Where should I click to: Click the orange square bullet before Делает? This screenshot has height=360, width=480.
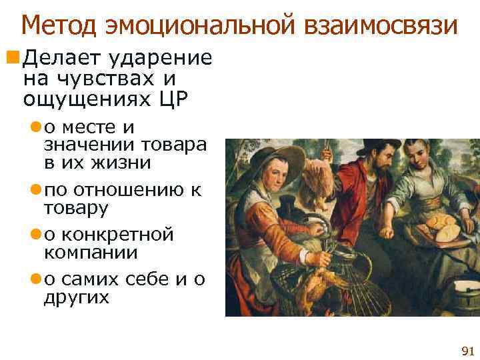pos(14,59)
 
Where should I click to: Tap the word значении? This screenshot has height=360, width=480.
pos(89,145)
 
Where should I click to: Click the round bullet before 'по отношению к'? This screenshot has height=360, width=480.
pos(36,191)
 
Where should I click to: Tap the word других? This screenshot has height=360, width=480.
pos(76,297)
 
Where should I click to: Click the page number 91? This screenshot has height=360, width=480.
pos(467,351)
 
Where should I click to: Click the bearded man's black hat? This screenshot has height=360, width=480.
pos(377,144)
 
